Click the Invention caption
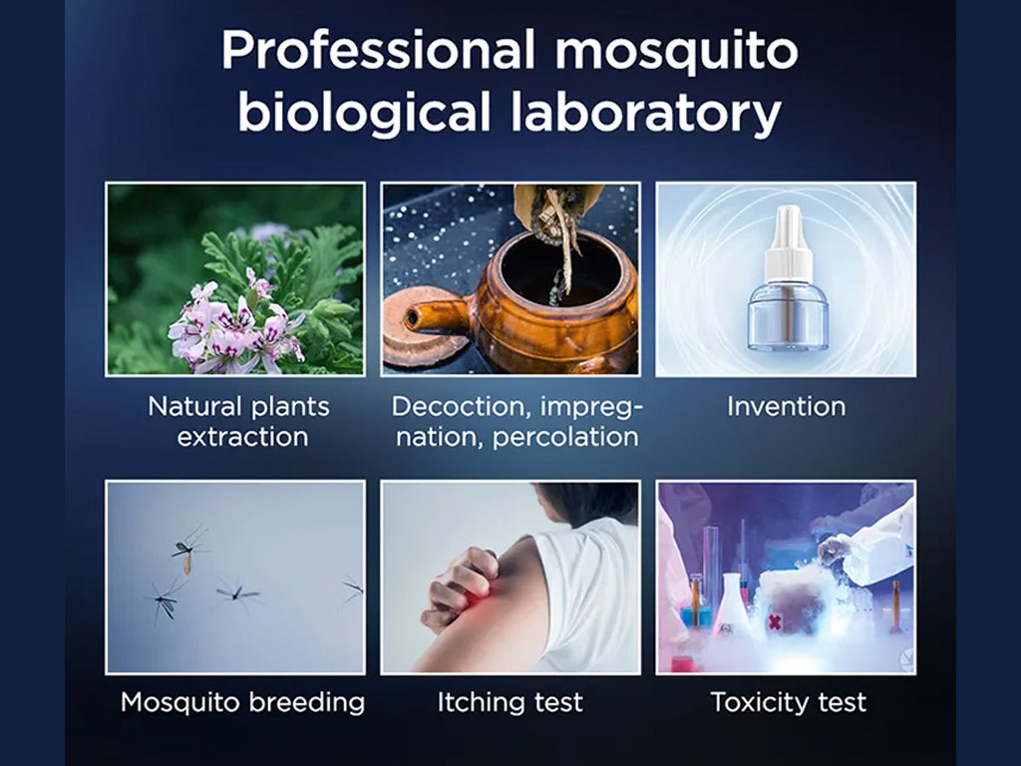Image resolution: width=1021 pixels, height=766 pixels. click(786, 407)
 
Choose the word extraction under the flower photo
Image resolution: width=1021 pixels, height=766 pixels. click(242, 437)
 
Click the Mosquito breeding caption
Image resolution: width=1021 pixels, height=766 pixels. click(243, 703)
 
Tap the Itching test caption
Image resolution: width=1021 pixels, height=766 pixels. click(510, 703)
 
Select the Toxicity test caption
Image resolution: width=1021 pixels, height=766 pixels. click(789, 703)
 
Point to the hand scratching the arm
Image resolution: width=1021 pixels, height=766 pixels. click(459, 586)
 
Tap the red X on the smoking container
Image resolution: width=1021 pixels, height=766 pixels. click(774, 622)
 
